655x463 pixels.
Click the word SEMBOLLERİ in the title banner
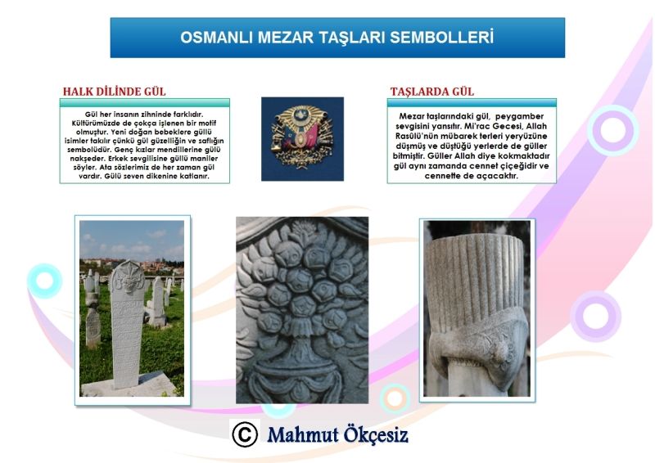click(442, 37)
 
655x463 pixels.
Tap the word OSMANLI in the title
click(217, 37)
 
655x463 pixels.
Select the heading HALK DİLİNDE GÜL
click(114, 92)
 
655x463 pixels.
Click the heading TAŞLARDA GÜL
click(432, 92)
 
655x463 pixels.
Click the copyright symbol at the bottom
click(245, 434)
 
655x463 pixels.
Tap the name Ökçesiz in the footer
click(376, 435)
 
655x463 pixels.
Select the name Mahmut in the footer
click(303, 435)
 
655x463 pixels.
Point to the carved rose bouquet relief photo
click(302, 310)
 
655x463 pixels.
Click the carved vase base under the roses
click(301, 367)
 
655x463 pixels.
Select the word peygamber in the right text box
click(520, 116)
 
